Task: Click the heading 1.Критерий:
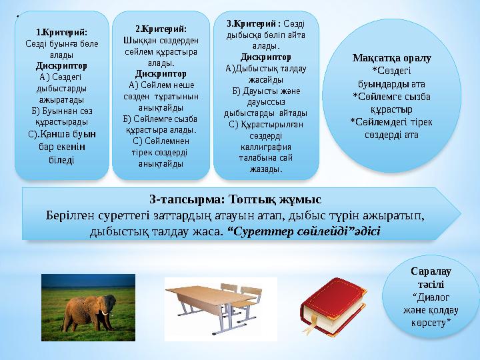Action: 61,31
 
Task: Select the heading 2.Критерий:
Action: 161,29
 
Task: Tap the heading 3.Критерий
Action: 248,25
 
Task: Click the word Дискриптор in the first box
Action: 61,67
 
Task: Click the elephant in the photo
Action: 82,312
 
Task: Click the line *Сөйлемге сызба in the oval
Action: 391,96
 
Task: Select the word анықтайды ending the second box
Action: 161,164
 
